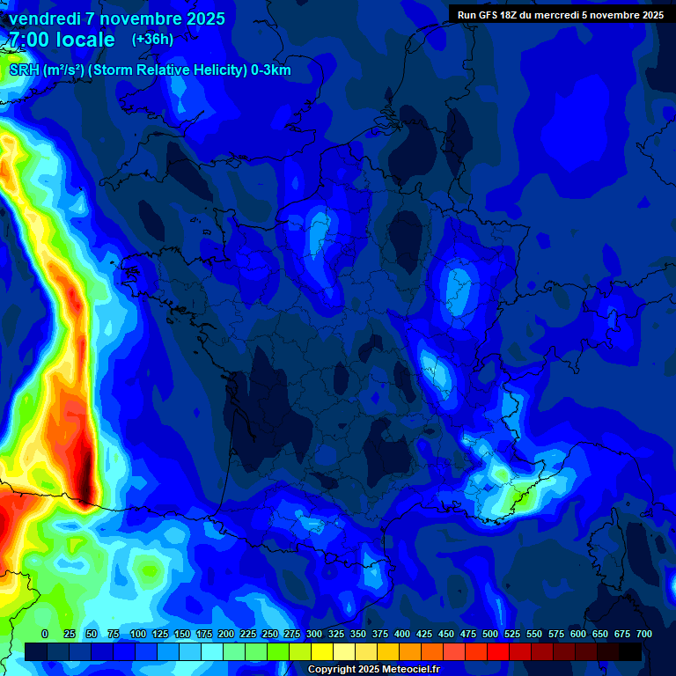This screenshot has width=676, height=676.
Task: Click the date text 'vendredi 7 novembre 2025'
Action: [117, 18]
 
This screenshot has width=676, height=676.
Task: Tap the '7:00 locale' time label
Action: [62, 40]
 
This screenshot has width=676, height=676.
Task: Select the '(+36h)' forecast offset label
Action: [152, 40]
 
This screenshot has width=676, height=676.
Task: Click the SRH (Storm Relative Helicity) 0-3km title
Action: [150, 70]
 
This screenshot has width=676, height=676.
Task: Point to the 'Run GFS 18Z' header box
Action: [561, 15]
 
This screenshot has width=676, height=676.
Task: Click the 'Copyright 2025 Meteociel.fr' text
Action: [373, 669]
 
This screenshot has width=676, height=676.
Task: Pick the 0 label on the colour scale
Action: [45, 634]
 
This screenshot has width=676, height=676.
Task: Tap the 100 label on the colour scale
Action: [137, 634]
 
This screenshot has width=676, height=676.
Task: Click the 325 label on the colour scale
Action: [335, 634]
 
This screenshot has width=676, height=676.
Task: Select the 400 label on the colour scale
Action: [401, 634]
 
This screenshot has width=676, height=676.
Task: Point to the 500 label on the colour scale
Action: [489, 634]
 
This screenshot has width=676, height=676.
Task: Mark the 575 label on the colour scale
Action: [555, 634]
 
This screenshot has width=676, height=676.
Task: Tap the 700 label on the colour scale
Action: [643, 634]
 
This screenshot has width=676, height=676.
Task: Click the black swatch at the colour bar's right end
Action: [630, 651]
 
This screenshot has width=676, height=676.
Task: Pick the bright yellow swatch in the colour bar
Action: [322, 651]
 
